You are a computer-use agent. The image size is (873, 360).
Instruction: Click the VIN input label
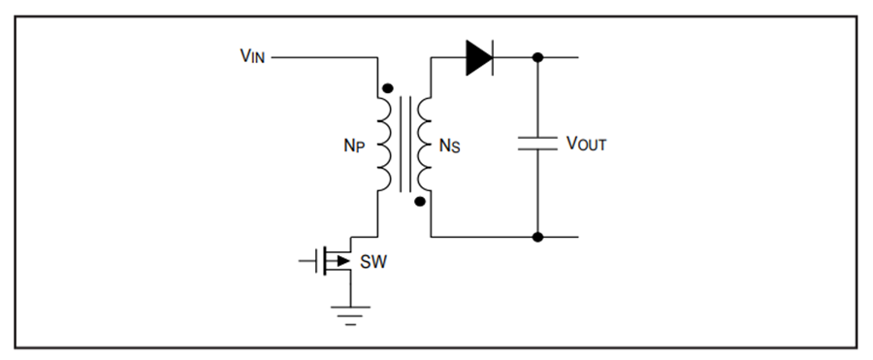252,55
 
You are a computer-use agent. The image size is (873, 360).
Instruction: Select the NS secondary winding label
450,146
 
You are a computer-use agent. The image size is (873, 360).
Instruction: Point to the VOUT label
586,144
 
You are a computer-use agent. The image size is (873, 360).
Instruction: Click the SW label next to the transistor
373,261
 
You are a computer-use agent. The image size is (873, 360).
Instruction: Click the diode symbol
479,57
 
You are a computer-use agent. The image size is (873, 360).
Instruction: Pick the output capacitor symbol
537,144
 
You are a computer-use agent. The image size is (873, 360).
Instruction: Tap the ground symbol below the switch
350,315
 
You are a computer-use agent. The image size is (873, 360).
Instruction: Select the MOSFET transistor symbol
333,261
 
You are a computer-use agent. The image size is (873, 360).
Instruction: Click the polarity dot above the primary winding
388,88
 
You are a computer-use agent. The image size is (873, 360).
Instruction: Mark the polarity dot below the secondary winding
420,202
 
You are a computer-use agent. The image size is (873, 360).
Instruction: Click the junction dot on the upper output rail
537,57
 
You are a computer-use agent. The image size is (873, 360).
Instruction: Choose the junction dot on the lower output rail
537,237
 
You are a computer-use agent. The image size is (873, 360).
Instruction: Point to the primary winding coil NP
385,145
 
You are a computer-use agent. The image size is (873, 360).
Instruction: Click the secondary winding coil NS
425,145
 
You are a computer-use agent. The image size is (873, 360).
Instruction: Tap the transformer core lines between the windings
405,145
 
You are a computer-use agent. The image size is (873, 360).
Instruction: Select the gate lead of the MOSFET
307,261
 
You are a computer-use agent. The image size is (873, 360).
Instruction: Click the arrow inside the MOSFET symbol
341,261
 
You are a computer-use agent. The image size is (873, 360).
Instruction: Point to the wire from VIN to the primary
325,57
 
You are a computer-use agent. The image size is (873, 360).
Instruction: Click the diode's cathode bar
493,57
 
